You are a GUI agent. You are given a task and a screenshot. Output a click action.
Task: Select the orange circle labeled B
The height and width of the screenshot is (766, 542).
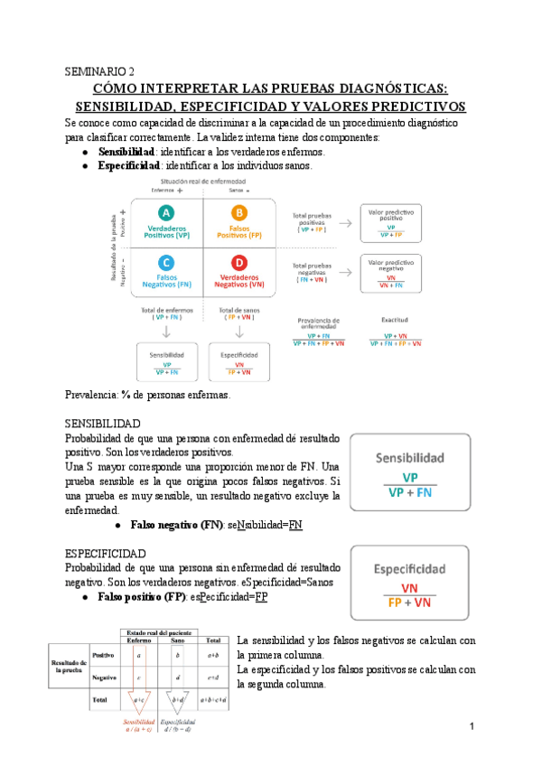238,212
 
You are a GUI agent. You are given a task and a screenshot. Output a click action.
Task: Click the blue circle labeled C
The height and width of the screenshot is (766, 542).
166,262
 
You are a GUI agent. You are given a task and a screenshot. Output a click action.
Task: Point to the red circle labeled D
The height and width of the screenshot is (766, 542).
238,262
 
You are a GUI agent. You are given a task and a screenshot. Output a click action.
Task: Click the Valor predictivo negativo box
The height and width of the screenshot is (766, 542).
390,274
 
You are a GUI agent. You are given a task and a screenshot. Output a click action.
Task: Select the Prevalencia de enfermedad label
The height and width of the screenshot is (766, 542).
319,322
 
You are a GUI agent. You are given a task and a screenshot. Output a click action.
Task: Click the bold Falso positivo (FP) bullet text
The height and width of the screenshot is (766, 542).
142,597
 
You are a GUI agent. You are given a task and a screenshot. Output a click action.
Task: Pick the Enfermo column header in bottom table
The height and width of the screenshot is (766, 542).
139,639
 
